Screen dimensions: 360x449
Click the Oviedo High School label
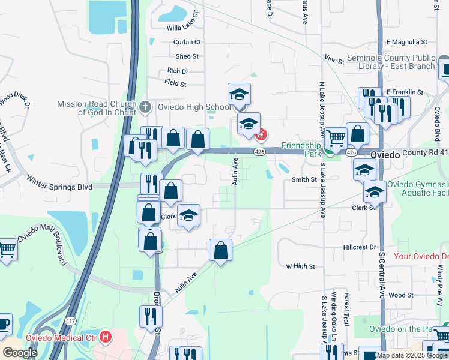(x=193, y=107)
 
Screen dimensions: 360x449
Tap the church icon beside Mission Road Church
(x=145, y=108)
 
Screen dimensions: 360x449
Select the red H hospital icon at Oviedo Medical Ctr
(x=107, y=337)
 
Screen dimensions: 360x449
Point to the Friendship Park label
(x=302, y=149)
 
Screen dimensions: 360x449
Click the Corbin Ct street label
(x=187, y=42)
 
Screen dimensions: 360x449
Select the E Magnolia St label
(x=406, y=42)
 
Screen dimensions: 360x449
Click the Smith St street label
(x=304, y=179)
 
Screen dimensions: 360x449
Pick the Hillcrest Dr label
(x=359, y=247)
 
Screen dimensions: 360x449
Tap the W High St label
(x=300, y=266)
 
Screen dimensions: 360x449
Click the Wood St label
(x=400, y=295)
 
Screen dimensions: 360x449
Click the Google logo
(x=20, y=353)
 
